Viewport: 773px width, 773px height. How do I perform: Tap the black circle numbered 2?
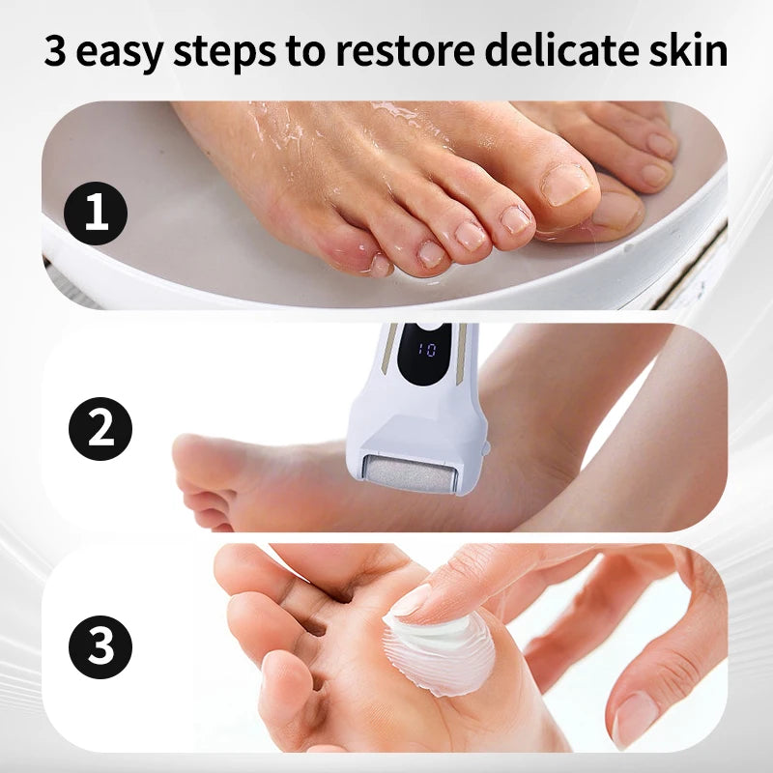click(x=100, y=428)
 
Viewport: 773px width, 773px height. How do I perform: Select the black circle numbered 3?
click(x=100, y=646)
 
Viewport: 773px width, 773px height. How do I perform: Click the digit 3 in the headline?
click(x=56, y=51)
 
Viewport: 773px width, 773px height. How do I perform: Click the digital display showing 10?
click(x=425, y=348)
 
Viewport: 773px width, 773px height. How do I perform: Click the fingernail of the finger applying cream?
click(x=412, y=601)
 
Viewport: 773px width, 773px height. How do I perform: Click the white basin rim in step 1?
click(x=386, y=290)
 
